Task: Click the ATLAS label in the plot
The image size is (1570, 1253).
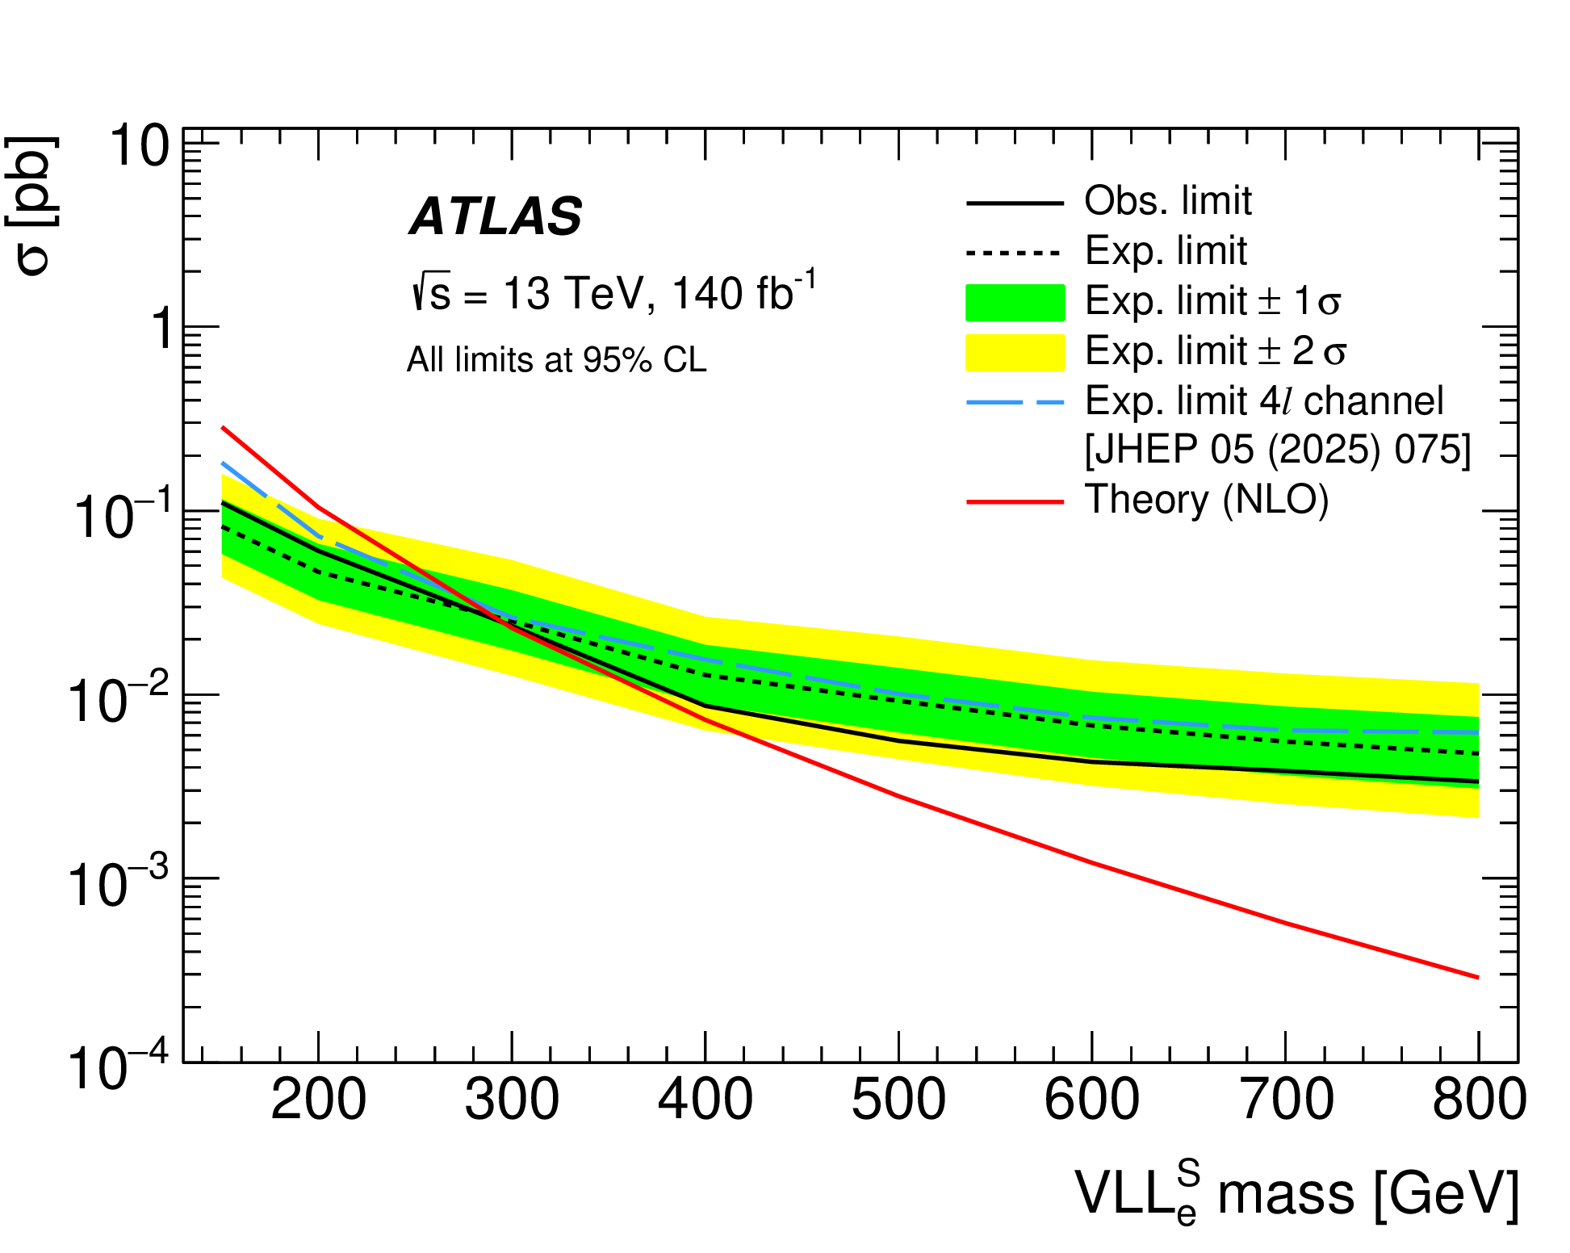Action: click(496, 216)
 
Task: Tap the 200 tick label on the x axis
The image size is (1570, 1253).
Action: click(318, 1100)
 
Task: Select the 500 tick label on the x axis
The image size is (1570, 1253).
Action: click(898, 1100)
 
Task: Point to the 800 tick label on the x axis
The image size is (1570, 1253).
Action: click(1479, 1100)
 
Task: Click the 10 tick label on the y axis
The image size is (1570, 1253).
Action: click(139, 147)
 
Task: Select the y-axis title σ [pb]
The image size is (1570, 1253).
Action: click(32, 206)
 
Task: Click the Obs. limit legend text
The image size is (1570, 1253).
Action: click(1167, 200)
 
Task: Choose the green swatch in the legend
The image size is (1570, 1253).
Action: click(1015, 302)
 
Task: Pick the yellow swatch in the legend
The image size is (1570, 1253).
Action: click(1015, 352)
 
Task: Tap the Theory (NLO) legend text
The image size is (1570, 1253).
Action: click(1206, 500)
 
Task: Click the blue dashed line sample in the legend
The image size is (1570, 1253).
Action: click(1015, 401)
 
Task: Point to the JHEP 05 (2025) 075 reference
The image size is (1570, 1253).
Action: click(1277, 449)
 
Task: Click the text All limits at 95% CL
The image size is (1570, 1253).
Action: click(556, 360)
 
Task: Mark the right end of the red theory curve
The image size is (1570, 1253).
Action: click(1478, 977)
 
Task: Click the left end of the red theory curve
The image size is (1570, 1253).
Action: click(223, 427)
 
